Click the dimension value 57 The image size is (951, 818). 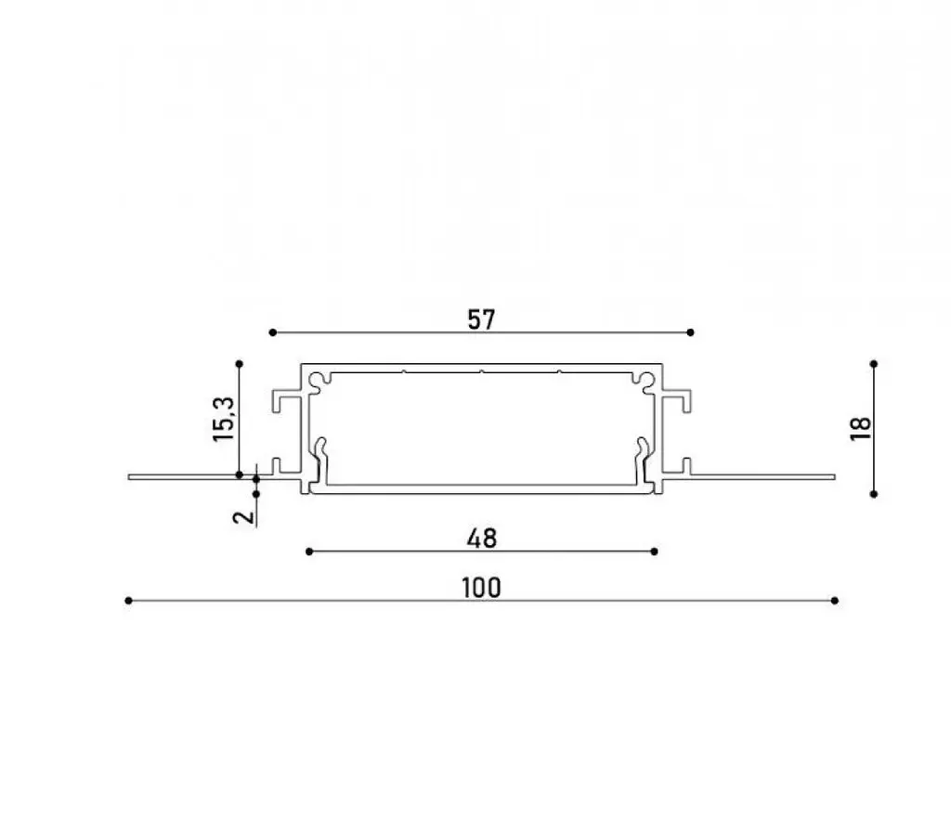click(x=481, y=319)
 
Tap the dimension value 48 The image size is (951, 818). click(x=482, y=539)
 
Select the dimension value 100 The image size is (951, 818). click(x=482, y=588)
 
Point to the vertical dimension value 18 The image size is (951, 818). click(x=861, y=429)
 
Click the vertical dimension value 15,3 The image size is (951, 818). click(x=223, y=419)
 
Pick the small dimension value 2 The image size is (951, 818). click(x=243, y=516)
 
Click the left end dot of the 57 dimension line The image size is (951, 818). click(x=272, y=332)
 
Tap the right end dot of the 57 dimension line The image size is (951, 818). click(x=690, y=332)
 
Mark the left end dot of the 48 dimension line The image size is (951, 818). click(x=309, y=552)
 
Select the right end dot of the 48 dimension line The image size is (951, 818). click(x=654, y=552)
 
